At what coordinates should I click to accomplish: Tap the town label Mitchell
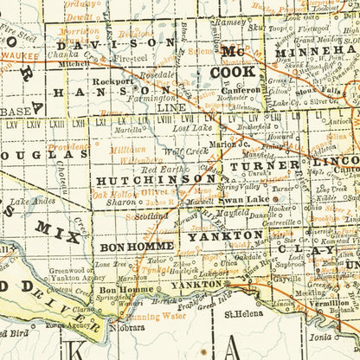[x=74, y=64]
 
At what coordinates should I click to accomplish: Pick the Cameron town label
[x=240, y=89]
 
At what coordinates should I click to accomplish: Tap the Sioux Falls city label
[x=318, y=89]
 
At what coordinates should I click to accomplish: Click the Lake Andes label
[x=34, y=201]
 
